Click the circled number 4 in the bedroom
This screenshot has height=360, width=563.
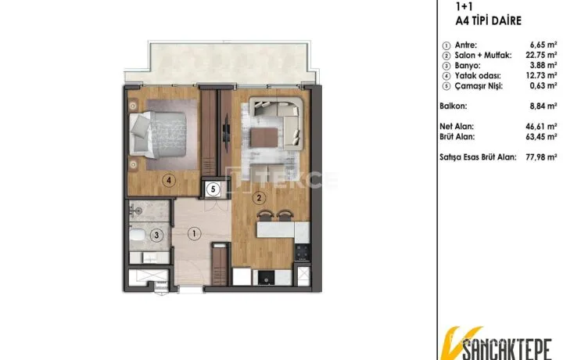tap(169, 180)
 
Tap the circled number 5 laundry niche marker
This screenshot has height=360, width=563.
tap(213, 189)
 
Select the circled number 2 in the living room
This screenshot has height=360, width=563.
tap(259, 197)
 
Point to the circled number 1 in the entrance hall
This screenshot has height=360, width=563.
tap(194, 234)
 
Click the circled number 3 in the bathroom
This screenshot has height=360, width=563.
tap(156, 236)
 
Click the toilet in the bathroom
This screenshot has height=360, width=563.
tap(136, 236)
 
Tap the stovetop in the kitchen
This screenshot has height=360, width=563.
tap(302, 252)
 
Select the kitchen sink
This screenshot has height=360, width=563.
tap(267, 277)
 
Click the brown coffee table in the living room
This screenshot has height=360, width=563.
tap(264, 138)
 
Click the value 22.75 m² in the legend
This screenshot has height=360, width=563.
tap(541, 55)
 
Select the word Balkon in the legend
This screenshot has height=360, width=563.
tap(454, 106)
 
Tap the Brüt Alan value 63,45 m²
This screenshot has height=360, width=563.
tap(541, 136)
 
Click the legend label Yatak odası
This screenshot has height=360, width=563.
tap(478, 76)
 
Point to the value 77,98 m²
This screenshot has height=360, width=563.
tap(541, 157)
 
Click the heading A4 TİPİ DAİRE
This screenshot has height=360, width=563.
tap(488, 20)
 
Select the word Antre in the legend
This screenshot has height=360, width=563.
tap(466, 45)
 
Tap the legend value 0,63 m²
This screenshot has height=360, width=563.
tap(543, 85)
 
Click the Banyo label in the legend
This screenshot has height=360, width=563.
tap(468, 66)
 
